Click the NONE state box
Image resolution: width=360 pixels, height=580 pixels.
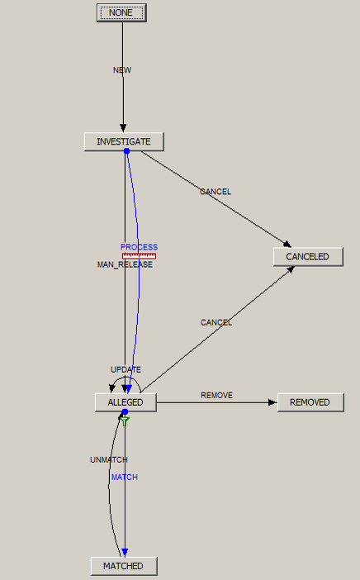[121, 13]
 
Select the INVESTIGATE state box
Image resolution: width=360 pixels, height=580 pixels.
[124, 141]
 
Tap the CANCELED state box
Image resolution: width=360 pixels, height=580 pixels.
[308, 257]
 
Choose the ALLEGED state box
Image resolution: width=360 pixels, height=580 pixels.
[126, 402]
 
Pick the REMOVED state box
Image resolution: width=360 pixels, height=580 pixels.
[310, 402]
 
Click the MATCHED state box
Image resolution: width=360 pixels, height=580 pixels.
[124, 566]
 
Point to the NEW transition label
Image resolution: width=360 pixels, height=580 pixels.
[122, 70]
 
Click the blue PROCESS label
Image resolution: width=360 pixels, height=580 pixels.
[139, 247]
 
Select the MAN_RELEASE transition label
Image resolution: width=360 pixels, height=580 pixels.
[125, 264]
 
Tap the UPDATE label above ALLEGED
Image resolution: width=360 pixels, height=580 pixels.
[126, 369]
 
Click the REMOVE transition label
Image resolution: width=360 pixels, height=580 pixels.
[216, 396]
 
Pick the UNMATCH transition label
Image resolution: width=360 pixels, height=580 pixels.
[109, 459]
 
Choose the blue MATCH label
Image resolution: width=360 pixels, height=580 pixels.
[125, 478]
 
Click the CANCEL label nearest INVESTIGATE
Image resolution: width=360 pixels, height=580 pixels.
[216, 192]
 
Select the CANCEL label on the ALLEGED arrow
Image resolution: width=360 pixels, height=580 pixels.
[216, 322]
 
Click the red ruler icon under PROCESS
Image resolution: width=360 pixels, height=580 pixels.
[139, 256]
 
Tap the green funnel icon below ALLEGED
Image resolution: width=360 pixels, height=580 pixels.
[125, 421]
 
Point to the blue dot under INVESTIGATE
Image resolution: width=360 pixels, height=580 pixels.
[126, 151]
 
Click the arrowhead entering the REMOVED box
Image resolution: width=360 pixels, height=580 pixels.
[272, 402]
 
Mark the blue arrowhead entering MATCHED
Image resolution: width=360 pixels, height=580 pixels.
[125, 553]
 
